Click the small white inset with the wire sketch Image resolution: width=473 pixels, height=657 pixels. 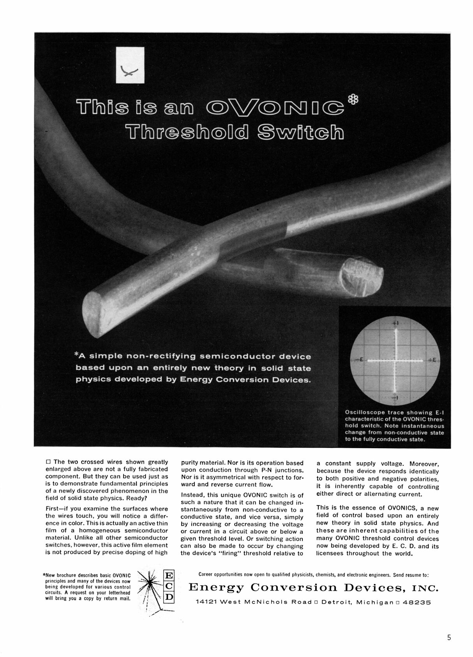point(131,65)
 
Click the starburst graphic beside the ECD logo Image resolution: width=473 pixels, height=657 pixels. point(150,586)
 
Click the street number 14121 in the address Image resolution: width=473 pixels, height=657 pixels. point(206,602)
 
